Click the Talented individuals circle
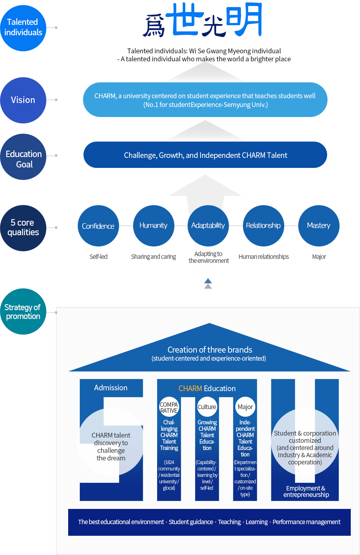point(23,28)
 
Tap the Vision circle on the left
point(23,100)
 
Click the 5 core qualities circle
point(23,228)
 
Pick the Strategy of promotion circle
point(23,312)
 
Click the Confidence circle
point(98,226)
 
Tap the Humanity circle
point(154,226)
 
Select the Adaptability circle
point(208,226)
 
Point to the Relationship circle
point(263,226)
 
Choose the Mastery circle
point(319,226)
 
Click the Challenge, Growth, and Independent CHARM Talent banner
point(205,155)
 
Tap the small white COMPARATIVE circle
point(169,407)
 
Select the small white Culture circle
point(207,407)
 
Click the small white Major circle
point(245,407)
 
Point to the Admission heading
point(111,388)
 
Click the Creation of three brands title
point(210,350)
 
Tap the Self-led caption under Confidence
point(98,257)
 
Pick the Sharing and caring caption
point(154,257)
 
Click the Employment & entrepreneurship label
point(306,492)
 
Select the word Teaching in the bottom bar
point(229,522)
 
